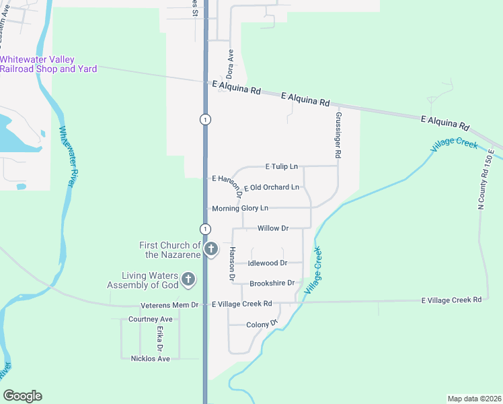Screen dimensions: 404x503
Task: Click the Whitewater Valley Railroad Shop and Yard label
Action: tap(48, 65)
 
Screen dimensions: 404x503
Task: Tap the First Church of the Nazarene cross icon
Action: tap(210, 250)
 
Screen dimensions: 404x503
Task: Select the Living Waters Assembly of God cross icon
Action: tap(188, 279)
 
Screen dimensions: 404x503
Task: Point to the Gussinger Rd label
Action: tap(338, 135)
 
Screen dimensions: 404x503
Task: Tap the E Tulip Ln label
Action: tap(281, 166)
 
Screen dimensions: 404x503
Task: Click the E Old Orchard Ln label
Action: tap(272, 187)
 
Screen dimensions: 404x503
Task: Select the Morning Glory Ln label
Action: tap(240, 208)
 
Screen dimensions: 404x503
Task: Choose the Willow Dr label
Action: tap(273, 228)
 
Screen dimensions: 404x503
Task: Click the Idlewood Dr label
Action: tap(268, 263)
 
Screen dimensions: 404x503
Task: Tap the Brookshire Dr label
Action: tap(272, 283)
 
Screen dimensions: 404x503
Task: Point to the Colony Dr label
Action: tap(262, 325)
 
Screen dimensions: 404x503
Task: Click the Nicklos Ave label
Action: tap(151, 358)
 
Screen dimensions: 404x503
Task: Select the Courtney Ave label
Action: tap(151, 318)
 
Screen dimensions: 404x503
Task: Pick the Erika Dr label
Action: tap(160, 339)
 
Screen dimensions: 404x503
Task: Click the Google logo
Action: tap(22, 396)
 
